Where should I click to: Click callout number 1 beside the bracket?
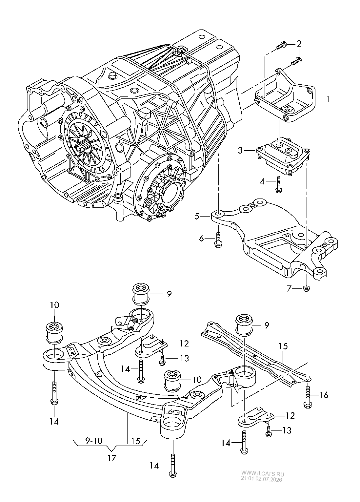coord(328,99)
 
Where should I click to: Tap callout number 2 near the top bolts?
coord(299,44)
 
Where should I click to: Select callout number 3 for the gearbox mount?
coord(240,150)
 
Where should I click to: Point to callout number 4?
coord(262,181)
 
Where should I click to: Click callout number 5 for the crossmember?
coord(197,217)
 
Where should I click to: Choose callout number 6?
coord(202,239)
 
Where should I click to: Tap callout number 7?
coord(289,289)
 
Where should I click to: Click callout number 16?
coord(324,395)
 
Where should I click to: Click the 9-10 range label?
coord(93,441)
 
